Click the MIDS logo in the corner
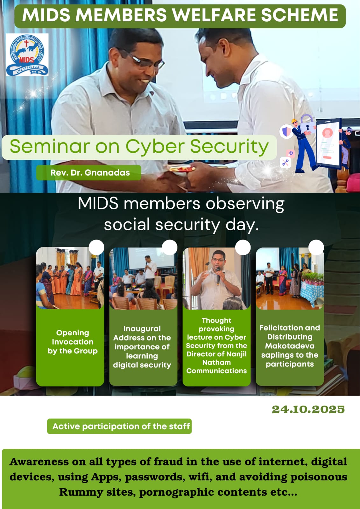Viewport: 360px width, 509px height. tap(27, 55)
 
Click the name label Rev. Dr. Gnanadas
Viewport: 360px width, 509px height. tap(90, 173)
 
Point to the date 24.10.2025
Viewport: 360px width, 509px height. tap(308, 409)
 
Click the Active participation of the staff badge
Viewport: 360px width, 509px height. tap(119, 426)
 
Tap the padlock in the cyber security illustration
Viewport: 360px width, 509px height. tap(307, 124)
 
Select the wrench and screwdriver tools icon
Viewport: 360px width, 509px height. tap(285, 163)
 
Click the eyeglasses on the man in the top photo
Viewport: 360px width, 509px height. tap(143, 60)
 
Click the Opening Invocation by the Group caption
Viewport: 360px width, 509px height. tap(73, 342)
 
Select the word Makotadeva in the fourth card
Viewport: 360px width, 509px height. tap(290, 346)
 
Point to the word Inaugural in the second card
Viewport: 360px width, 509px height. tap(142, 329)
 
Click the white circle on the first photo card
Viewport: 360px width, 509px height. tap(96, 248)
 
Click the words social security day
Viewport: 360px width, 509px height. tap(181, 225)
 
